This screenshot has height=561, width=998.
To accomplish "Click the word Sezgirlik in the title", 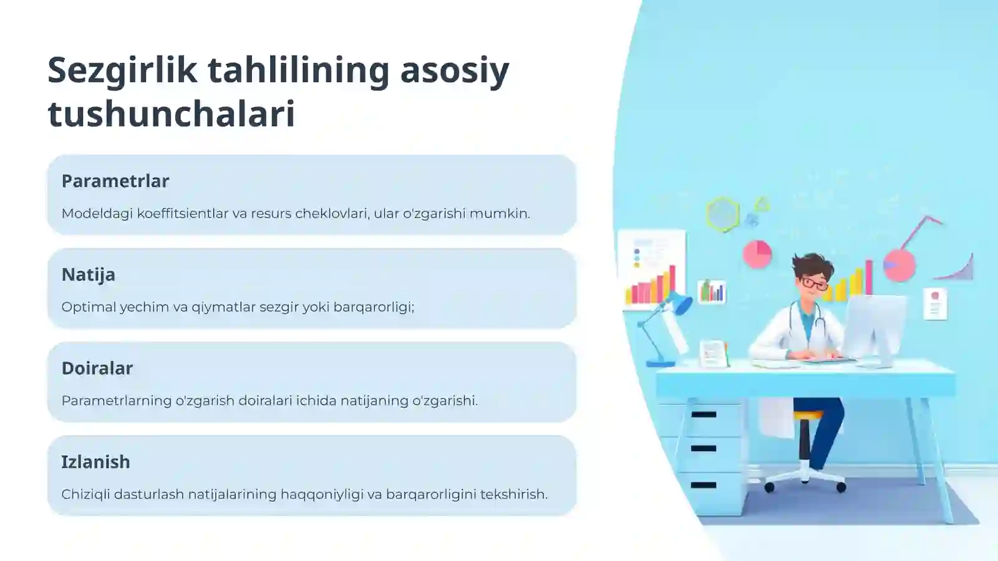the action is coord(122,71).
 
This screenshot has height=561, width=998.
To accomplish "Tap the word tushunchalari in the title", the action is coord(172,114).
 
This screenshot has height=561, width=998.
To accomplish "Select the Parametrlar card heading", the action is coord(115,181).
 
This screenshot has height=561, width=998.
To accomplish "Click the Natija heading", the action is coord(88,275).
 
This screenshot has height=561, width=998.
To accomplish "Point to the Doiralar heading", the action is coord(97,368).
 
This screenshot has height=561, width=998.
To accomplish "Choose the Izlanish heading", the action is coord(95,462).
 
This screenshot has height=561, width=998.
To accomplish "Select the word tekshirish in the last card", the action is coord(514,494).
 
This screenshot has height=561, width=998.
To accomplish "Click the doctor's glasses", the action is coord(815,283).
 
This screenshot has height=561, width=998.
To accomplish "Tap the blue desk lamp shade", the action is coord(677,303).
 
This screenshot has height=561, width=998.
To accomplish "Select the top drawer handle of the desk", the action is coord(704,415).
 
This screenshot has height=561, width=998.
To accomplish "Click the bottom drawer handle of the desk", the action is coord(704,485).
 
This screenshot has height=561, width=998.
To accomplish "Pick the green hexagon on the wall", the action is coord(723,214).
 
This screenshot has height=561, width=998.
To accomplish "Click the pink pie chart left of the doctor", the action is coord(757,254).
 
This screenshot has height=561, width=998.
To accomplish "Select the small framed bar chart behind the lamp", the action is coord(712,292).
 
